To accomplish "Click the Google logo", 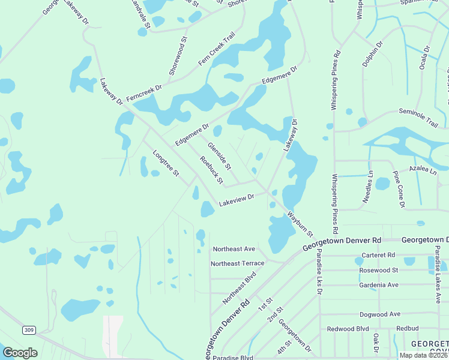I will (x=20, y=353).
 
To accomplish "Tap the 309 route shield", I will (x=29, y=330).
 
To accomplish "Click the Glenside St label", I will (x=219, y=155).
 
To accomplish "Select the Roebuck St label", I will (x=211, y=170).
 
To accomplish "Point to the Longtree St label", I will (x=166, y=163).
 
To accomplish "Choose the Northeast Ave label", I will (x=234, y=249).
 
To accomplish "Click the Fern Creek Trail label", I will (x=217, y=54).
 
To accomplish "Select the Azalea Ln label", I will (x=423, y=171).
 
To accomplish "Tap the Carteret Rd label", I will (x=379, y=255).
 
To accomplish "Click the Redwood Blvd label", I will (x=348, y=329).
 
